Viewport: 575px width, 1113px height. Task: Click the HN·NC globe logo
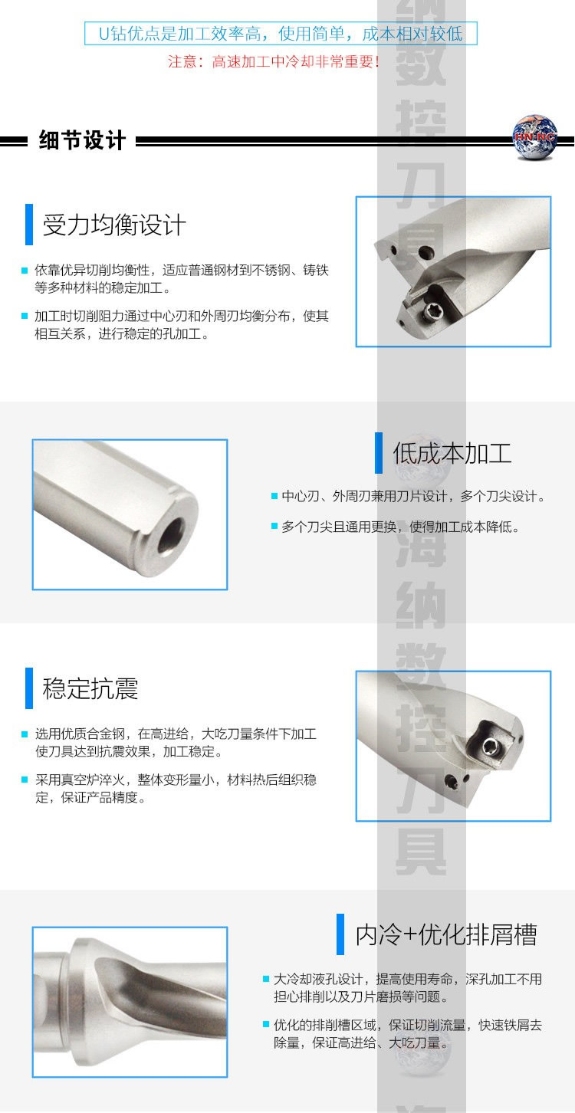click(534, 138)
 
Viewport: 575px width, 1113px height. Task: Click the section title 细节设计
click(82, 140)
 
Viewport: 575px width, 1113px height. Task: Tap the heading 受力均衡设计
click(114, 225)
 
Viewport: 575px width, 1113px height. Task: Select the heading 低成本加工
click(452, 453)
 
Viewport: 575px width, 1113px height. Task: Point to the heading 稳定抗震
click(90, 688)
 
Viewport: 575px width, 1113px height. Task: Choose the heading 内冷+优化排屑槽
click(446, 934)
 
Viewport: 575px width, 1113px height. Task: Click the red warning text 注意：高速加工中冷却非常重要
click(274, 61)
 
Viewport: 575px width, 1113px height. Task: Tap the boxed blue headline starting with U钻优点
click(281, 33)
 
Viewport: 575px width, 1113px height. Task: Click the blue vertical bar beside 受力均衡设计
click(29, 224)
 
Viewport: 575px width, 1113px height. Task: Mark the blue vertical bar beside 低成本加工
click(379, 453)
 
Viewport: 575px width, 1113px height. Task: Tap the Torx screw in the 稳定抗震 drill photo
click(490, 745)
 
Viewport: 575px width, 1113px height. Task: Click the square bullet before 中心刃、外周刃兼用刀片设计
click(274, 496)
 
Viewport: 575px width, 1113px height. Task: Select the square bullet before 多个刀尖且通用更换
click(274, 526)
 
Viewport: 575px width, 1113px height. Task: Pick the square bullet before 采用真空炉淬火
click(25, 780)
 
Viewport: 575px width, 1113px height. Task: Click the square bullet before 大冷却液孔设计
click(266, 979)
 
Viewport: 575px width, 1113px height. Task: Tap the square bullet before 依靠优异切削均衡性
click(25, 271)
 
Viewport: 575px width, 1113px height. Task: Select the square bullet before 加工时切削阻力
click(25, 316)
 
